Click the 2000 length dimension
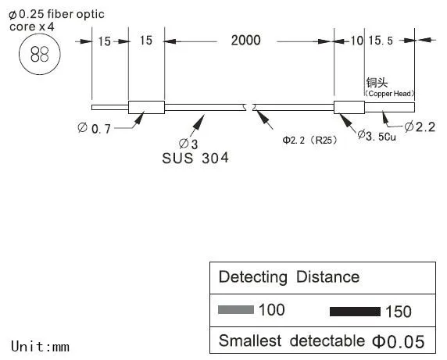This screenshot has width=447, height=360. click(245, 41)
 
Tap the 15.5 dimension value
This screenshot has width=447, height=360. click(381, 41)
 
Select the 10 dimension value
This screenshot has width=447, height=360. click(356, 41)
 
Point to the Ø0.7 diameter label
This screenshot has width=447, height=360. click(94, 128)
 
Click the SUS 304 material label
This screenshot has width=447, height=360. click(195, 159)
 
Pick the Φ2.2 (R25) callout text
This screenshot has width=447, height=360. click(310, 140)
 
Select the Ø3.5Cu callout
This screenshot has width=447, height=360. click(377, 136)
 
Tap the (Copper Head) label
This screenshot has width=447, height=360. click(389, 94)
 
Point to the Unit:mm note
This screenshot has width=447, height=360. click(40, 347)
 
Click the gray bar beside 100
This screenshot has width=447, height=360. click(236, 309)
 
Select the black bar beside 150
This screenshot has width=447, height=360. click(355, 312)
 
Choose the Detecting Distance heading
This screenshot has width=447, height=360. click(289, 277)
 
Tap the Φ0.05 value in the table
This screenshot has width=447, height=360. click(399, 341)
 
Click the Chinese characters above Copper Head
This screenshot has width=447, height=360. click(377, 83)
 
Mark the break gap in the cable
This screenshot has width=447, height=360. click(249, 107)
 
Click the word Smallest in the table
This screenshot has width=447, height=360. click(250, 340)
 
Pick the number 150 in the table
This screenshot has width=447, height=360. click(399, 312)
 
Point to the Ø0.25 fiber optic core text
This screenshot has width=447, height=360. click(56, 20)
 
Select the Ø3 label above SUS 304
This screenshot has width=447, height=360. click(188, 144)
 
